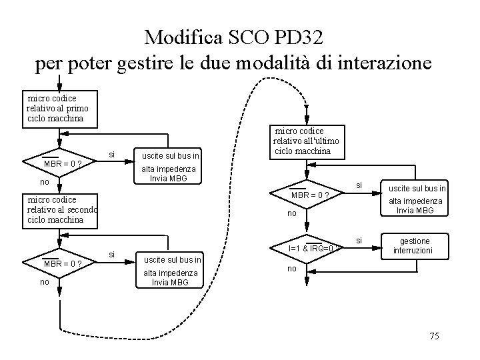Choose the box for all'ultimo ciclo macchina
307,141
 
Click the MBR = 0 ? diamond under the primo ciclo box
60,163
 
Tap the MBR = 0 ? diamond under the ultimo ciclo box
307,195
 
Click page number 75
433,336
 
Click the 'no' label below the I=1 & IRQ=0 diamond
291,269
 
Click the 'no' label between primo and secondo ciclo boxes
45,181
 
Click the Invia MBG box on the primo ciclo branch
168,167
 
